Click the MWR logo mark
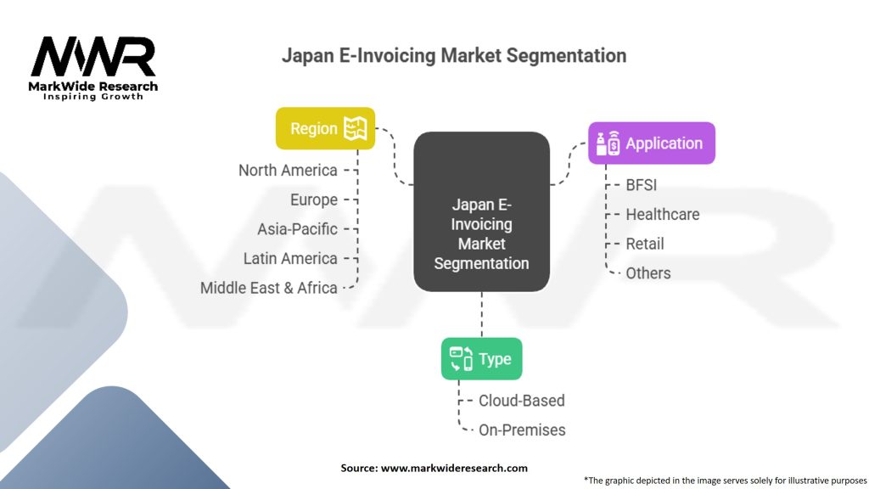point(93,57)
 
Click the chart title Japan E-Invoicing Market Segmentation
point(454,56)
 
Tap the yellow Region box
point(325,128)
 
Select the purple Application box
point(652,143)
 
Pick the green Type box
point(481,358)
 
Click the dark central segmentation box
point(481,211)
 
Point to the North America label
point(288,170)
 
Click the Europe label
point(313,200)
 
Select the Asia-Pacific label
point(297,229)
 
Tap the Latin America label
point(290,258)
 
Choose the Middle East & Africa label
point(268,288)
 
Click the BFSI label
point(641,184)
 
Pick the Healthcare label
point(662,214)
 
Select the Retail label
point(645,244)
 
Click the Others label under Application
point(648,273)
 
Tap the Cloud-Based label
point(521,401)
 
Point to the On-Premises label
point(522,430)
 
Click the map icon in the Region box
point(354,128)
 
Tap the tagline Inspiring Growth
point(93,97)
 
